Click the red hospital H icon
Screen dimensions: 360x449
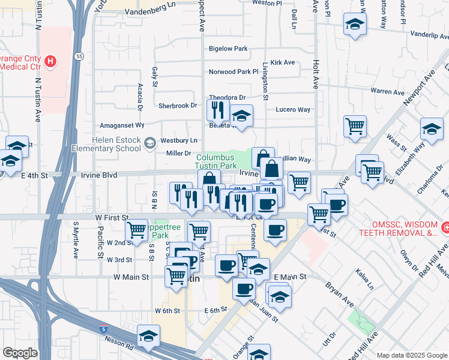pyautogui.click(x=51, y=61)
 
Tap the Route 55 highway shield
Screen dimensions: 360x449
pyautogui.click(x=79, y=56)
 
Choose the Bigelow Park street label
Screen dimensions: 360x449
pyautogui.click(x=228, y=49)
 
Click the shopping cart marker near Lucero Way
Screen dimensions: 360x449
pyautogui.click(x=355, y=127)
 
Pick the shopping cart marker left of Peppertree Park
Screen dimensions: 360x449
pyautogui.click(x=136, y=229)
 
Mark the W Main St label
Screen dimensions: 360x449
pyautogui.click(x=130, y=277)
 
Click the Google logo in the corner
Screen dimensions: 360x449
pyautogui.click(x=20, y=353)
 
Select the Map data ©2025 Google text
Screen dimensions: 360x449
pyautogui.click(x=412, y=355)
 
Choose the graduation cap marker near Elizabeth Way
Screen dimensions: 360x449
pyautogui.click(x=431, y=129)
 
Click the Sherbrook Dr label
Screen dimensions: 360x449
pyautogui.click(x=178, y=106)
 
